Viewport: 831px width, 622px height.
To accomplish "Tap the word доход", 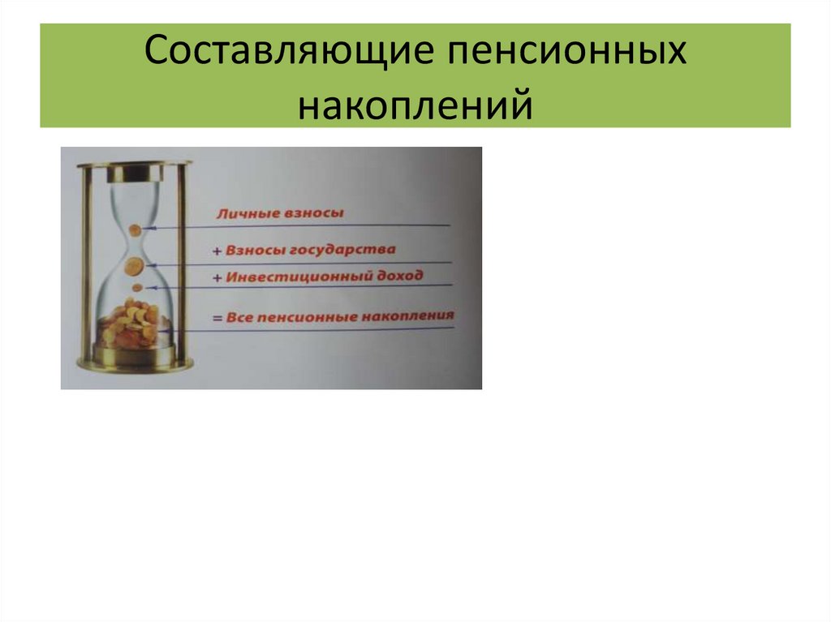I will [x=398, y=275].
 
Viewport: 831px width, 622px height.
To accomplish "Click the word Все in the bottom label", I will [x=240, y=317].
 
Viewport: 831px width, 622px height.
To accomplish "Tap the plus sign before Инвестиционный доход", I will [x=217, y=278].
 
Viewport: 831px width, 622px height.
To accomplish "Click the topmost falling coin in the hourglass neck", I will [x=136, y=230].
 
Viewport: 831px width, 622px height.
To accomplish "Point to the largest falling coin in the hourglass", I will [x=132, y=265].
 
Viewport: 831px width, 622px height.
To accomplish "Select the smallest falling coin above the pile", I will [x=137, y=288].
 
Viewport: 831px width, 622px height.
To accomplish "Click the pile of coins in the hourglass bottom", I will [x=132, y=324].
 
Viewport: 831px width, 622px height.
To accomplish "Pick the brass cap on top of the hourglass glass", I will [x=135, y=172].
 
